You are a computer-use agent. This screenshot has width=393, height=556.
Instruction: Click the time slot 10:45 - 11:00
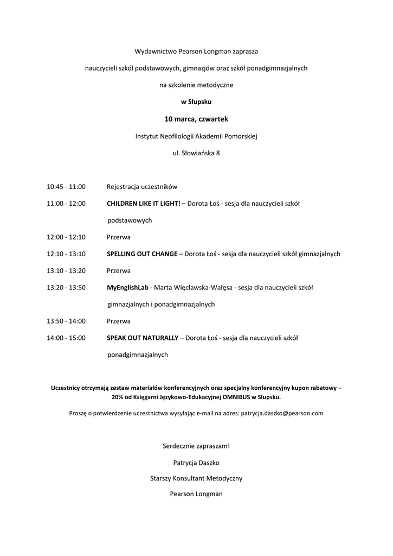pyautogui.click(x=66, y=187)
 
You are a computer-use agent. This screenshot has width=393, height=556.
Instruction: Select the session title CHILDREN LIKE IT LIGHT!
pyautogui.click(x=144, y=204)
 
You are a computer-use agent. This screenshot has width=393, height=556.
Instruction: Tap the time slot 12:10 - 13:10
pyautogui.click(x=66, y=254)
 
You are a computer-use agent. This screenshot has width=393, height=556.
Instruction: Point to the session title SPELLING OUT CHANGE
pyautogui.click(x=142, y=254)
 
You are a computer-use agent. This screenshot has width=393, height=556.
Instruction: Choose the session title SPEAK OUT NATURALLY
pyautogui.click(x=143, y=338)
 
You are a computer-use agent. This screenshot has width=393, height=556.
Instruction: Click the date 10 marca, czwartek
pyautogui.click(x=196, y=118)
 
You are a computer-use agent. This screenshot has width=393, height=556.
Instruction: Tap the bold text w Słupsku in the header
pyautogui.click(x=196, y=102)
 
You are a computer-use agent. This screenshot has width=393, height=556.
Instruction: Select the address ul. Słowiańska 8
pyautogui.click(x=196, y=153)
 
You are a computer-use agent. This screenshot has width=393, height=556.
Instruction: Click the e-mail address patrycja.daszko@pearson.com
pyautogui.click(x=282, y=413)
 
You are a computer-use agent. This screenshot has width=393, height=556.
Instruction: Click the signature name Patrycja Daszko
pyautogui.click(x=196, y=463)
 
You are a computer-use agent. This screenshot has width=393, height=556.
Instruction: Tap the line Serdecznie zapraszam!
pyautogui.click(x=196, y=446)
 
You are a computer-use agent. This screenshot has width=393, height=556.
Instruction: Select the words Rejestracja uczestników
pyautogui.click(x=142, y=187)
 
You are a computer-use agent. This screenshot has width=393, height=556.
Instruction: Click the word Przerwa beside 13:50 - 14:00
pyautogui.click(x=119, y=321)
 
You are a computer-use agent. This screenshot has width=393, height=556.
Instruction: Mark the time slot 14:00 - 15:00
pyautogui.click(x=66, y=338)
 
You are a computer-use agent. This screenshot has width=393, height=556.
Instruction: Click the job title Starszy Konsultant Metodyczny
pyautogui.click(x=196, y=478)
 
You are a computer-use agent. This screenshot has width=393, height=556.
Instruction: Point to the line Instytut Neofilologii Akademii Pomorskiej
pyautogui.click(x=196, y=136)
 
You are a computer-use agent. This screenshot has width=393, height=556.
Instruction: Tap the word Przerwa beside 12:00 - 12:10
pyautogui.click(x=119, y=237)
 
